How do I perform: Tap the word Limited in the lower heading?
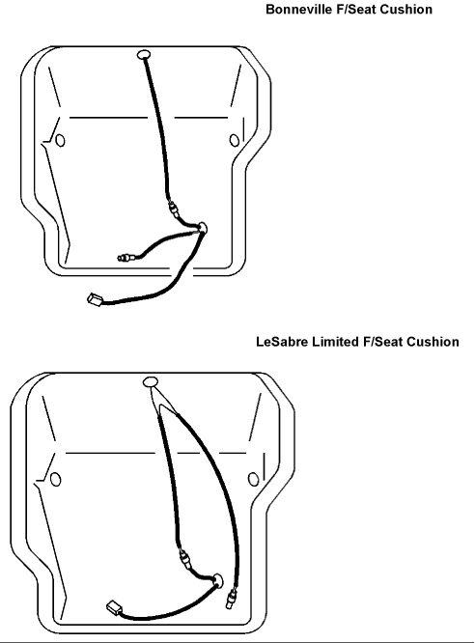tap(336, 342)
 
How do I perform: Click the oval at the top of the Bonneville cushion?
tap(144, 54)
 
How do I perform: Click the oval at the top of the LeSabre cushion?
tap(151, 382)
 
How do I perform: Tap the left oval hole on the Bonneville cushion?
tap(60, 141)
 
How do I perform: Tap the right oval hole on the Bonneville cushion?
tap(235, 141)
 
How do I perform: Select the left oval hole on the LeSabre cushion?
tap(55, 480)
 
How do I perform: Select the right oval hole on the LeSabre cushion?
tap(254, 480)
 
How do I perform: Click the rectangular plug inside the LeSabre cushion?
tap(114, 607)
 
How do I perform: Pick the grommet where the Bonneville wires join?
tap(202, 228)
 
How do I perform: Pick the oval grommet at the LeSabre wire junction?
tap(217, 580)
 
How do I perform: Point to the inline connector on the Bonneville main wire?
tap(174, 209)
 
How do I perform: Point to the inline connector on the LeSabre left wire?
tap(185, 559)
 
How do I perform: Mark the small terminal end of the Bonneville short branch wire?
tap(125, 258)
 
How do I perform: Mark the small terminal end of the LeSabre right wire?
tap(231, 599)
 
